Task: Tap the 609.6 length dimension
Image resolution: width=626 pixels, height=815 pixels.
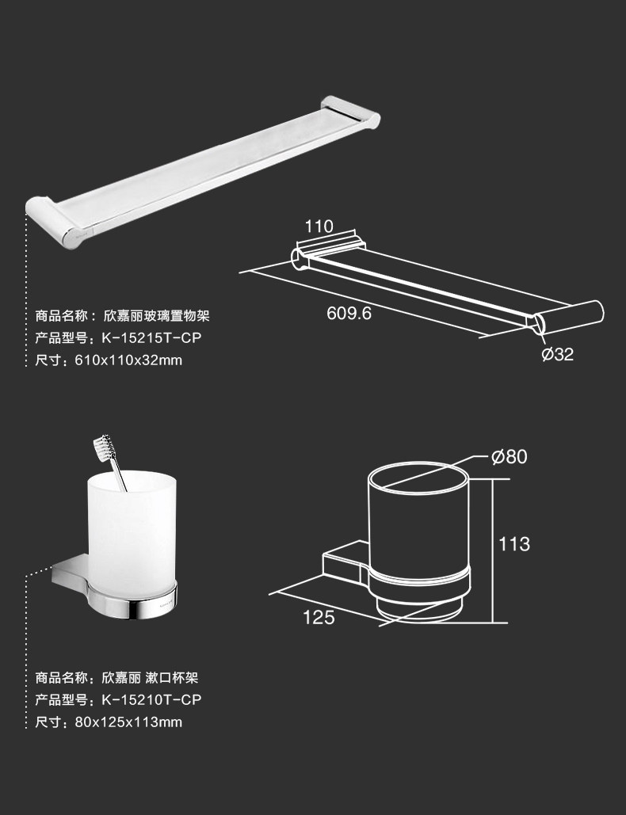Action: point(349,313)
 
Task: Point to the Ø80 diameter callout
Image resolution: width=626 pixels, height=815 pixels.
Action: point(509,457)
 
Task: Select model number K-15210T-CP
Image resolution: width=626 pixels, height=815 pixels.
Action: point(151,699)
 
